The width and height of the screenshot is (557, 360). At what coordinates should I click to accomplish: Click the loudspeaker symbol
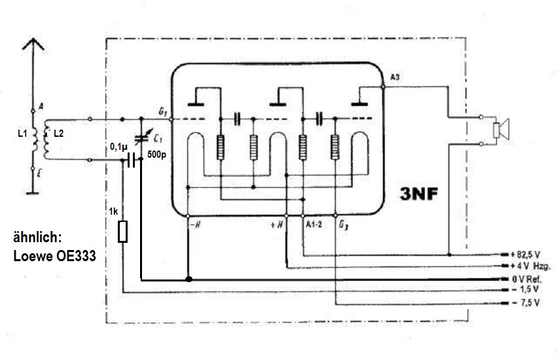tap(503, 130)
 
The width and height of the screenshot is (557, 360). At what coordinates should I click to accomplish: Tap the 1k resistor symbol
tap(122, 232)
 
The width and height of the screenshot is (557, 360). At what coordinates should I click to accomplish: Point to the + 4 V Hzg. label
tap(530, 266)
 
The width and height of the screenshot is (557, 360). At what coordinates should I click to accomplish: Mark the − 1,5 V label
tap(524, 290)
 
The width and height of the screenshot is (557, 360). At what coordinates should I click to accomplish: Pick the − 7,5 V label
tap(524, 303)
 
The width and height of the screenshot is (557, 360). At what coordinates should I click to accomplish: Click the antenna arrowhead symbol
tap(33, 47)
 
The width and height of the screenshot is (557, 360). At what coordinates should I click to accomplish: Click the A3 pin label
tap(395, 78)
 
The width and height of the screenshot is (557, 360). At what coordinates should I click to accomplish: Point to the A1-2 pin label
tap(315, 225)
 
